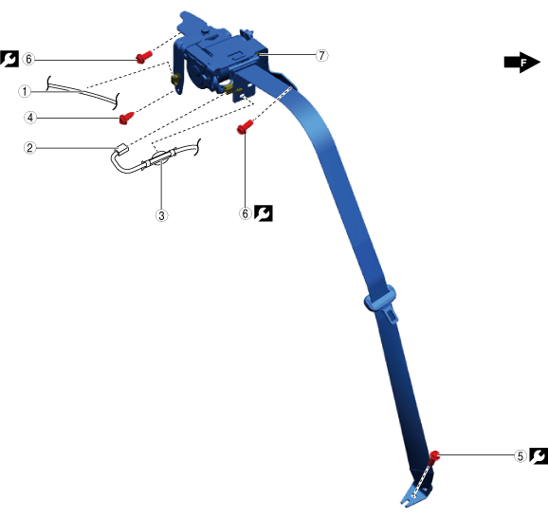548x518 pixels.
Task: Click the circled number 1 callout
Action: coord(25,92)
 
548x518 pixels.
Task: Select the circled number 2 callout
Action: coord(30,148)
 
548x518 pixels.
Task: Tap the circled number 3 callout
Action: coord(161,215)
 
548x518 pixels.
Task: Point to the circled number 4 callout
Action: coord(30,118)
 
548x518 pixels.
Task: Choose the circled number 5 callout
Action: coord(521,456)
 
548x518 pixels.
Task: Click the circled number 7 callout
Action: coord(322,55)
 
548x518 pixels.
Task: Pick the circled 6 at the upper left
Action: coord(28,59)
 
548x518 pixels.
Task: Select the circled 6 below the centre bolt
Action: coord(246,213)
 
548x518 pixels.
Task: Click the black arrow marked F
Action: coord(522,63)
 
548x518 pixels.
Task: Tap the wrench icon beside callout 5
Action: coord(539,456)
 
